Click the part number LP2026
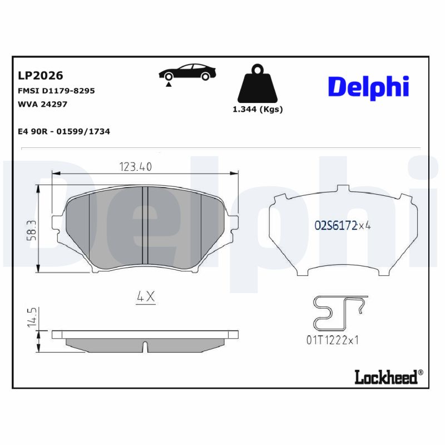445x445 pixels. [41, 76]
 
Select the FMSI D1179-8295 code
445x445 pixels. [56, 90]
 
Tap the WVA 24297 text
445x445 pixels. [43, 103]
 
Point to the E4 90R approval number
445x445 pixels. [64, 131]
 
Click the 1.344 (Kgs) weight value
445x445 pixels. [257, 110]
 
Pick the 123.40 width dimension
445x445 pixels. [136, 166]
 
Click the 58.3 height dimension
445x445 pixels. [32, 229]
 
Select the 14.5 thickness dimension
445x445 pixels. [32, 315]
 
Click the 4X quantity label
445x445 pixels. [146, 297]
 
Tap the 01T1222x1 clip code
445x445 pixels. [332, 340]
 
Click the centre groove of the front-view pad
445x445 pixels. [144, 225]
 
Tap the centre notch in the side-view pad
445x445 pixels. [145, 346]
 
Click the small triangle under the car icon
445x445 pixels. [167, 84]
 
